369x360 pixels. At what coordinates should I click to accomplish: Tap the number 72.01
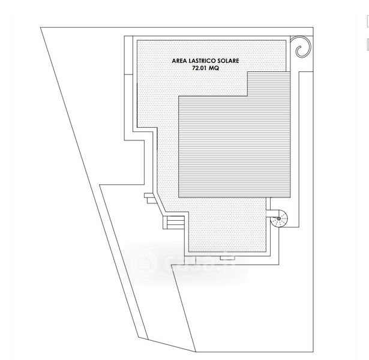point(199,70)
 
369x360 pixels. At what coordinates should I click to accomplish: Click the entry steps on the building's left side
point(173,223)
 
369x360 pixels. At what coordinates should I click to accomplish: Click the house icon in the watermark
point(144,262)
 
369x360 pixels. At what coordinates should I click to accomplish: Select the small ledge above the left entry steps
point(151,196)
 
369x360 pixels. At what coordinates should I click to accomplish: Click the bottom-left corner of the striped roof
point(179,199)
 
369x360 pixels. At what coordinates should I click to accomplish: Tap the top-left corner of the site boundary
point(41,28)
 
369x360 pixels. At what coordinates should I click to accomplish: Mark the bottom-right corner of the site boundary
point(313,352)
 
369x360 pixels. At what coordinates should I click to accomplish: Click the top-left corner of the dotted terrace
point(137,40)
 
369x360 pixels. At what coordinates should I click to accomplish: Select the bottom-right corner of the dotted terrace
point(266,251)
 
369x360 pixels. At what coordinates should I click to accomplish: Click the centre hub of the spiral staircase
point(280,221)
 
